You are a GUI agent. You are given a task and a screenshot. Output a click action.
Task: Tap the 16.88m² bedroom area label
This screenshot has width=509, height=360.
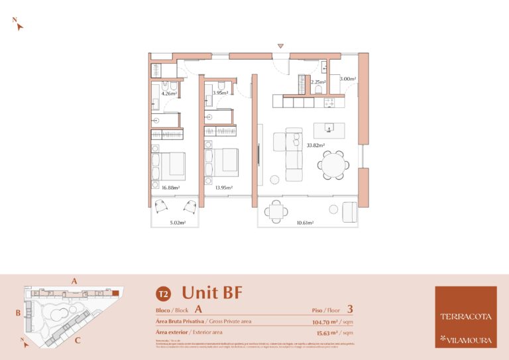click(170, 188)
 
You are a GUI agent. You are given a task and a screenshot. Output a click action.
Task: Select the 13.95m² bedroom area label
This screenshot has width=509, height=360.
click(224, 188)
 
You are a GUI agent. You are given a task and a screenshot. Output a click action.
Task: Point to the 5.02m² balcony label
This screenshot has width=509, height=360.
click(178, 223)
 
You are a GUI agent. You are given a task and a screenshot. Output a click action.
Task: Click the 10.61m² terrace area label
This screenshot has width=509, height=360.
click(306, 223)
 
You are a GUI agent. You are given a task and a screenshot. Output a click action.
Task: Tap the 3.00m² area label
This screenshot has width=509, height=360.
click(348, 79)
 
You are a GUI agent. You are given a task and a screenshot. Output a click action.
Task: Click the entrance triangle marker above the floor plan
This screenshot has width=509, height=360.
click(281, 46)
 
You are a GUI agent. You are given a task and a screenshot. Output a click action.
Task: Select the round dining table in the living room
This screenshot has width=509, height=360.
click(333, 164)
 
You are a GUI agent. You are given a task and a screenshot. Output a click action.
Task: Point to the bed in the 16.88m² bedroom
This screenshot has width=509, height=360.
click(170, 166)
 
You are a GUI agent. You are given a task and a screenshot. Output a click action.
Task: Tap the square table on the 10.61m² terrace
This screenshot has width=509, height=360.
click(277, 211)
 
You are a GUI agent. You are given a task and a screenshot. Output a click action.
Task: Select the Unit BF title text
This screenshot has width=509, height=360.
click(212, 292)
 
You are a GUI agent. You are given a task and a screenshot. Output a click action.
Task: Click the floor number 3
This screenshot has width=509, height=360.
click(350, 309)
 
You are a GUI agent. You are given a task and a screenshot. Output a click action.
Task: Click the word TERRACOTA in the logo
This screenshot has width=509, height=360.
click(466, 316)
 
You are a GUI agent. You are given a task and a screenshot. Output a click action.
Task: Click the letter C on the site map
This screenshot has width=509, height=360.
click(78, 341)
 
